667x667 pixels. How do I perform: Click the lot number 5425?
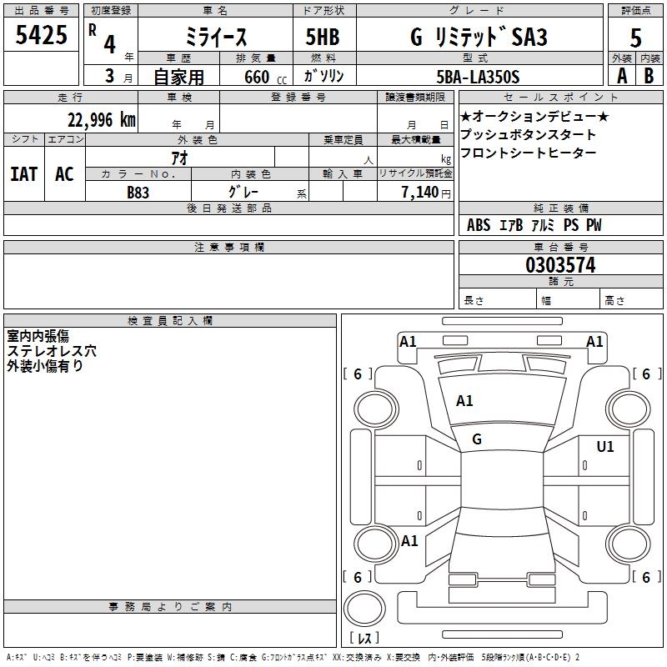pos(42,34)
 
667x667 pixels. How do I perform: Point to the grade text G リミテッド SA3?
pos(477,37)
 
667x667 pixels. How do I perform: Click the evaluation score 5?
pos(636,38)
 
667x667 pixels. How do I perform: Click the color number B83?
pos(138,193)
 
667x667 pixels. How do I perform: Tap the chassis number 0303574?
pos(560,266)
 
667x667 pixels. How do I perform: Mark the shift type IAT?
pos(23,174)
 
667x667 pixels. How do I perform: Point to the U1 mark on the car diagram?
pos(604,447)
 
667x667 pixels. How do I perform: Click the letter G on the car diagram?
pos(476,439)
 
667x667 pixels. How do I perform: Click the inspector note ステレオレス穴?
pos(52,351)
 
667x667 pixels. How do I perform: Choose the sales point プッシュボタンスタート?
pos(528,134)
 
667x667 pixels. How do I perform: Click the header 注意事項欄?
pos(228,248)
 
